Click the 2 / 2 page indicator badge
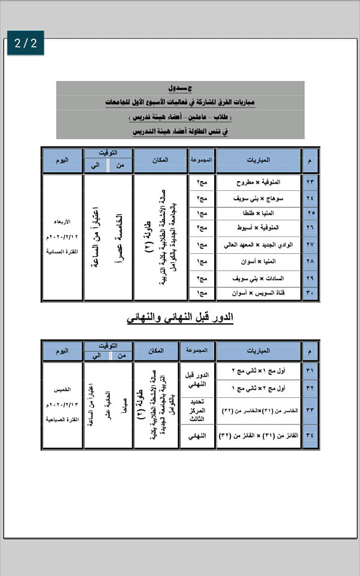point(26,43)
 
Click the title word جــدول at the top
point(181,89)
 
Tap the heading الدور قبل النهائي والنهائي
point(180,317)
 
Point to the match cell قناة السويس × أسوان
point(259,293)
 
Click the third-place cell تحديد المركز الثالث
point(197,410)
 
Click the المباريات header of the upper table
point(259,161)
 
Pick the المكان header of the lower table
point(156,350)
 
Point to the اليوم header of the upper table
point(62,161)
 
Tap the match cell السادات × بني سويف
point(259,278)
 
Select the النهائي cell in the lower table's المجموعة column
point(197,436)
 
